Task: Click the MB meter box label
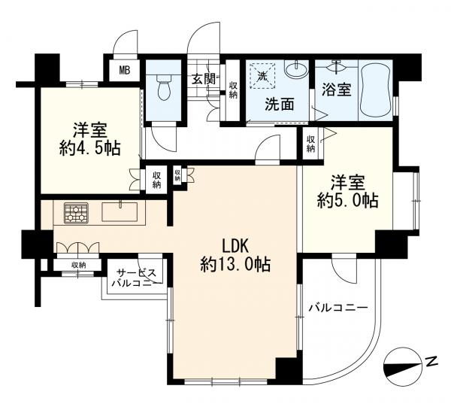pos(125,70)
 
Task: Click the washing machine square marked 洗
pos(262,76)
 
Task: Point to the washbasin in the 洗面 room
pos(296,69)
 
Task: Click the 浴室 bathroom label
pos(337,90)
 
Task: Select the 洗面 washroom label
pos(280,105)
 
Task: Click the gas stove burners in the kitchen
pos(76,213)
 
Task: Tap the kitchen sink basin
pos(120,211)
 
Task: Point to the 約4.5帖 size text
pos(89,148)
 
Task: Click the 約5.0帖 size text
pos(348,200)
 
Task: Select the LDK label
pos(235,246)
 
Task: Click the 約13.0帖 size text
pos(235,264)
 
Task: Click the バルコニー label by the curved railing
pos(338,308)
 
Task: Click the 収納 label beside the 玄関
pos(233,90)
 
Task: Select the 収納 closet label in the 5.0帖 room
pos(310,144)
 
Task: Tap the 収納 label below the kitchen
pos(78,266)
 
